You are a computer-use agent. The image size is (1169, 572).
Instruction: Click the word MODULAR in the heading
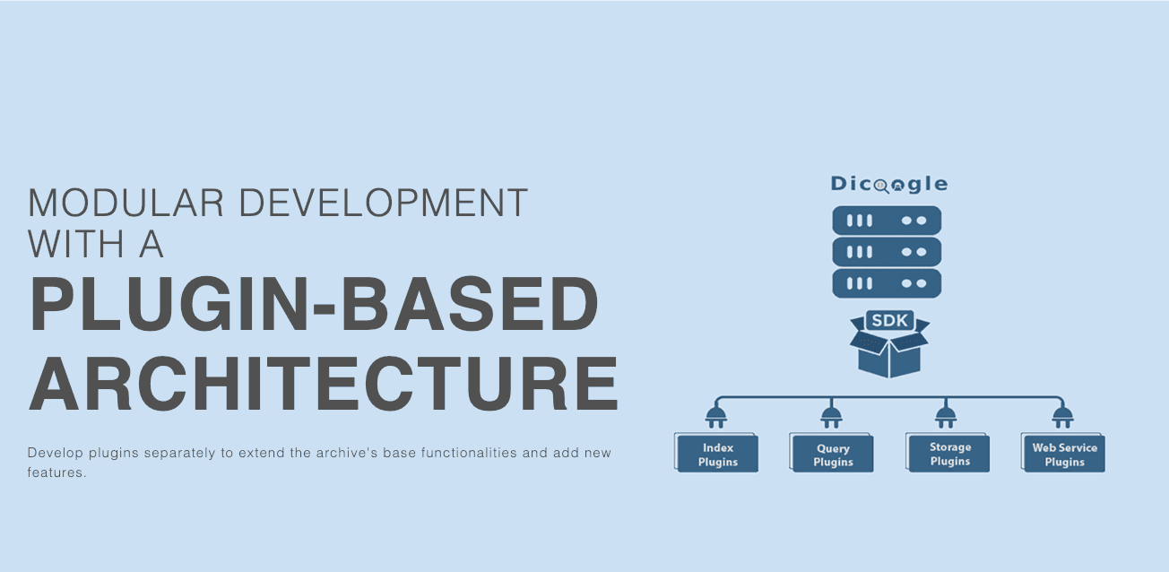click(126, 203)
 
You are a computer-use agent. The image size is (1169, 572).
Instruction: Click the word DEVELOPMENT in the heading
click(384, 203)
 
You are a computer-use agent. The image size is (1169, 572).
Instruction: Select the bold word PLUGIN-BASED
click(314, 304)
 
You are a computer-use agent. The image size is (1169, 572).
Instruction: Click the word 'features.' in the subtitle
click(56, 472)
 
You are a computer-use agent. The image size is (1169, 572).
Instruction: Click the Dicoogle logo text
click(889, 184)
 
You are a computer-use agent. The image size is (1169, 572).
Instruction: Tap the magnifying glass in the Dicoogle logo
click(881, 186)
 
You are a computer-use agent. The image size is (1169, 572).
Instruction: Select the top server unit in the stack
click(887, 221)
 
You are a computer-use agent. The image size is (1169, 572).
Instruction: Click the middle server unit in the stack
click(887, 252)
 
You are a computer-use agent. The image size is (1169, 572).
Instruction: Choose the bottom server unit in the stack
click(887, 283)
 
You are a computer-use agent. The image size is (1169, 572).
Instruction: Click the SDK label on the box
click(890, 320)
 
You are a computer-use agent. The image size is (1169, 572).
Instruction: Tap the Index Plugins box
click(716, 453)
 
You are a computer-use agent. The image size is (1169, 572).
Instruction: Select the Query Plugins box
click(832, 453)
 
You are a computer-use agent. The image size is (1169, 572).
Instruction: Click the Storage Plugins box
click(948, 453)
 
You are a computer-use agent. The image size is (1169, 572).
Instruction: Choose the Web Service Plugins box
click(1063, 453)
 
